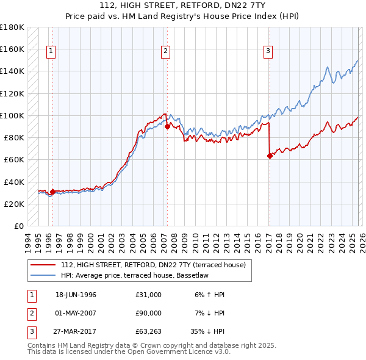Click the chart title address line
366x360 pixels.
point(183,5)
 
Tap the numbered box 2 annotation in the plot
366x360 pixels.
point(165,52)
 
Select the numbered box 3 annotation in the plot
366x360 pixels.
point(268,52)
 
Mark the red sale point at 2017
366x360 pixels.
point(270,156)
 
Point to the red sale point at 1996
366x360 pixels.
point(52,192)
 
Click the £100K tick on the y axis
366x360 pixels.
point(12,115)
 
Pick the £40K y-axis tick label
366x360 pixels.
point(14,182)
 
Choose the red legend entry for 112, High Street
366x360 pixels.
point(152,265)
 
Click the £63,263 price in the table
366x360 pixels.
point(149,333)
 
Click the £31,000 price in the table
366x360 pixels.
point(149,295)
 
